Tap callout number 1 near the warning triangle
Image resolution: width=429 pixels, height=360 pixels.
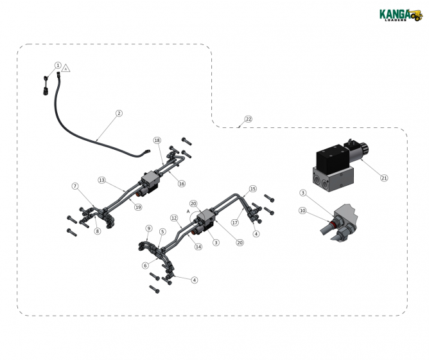(58, 66)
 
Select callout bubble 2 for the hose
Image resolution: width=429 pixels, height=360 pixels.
(119, 113)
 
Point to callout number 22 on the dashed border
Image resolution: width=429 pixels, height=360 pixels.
(248, 120)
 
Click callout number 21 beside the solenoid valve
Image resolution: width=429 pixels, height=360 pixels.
(385, 177)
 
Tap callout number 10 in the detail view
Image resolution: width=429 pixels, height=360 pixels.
(302, 210)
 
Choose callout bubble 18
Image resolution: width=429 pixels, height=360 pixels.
(157, 140)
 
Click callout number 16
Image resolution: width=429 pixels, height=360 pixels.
(182, 184)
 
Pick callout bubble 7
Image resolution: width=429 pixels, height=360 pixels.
(75, 186)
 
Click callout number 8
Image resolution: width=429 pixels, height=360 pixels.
(97, 231)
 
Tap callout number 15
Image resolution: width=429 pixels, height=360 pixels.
(252, 189)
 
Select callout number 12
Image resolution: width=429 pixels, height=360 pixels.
(175, 218)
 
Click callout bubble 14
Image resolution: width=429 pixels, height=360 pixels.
(198, 247)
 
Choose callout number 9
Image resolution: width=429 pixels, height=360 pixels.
(149, 228)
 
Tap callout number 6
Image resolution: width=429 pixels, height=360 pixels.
(145, 265)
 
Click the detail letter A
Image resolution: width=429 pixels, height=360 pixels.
(188, 210)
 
